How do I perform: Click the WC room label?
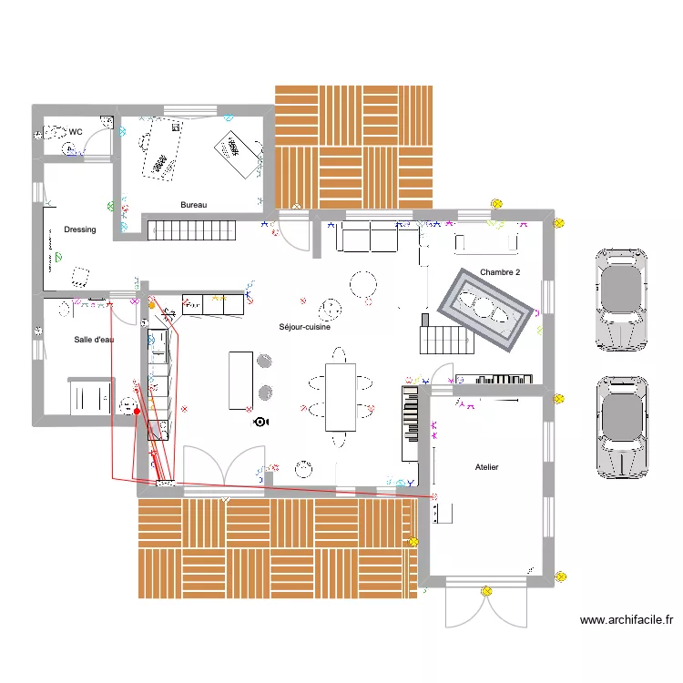click(76, 132)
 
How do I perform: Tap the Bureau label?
click(193, 205)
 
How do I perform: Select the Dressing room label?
click(80, 229)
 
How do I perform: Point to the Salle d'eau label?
click(94, 340)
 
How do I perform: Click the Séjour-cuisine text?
click(304, 327)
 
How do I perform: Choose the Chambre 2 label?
click(500, 272)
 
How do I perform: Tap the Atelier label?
click(486, 467)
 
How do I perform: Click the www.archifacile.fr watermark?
click(627, 620)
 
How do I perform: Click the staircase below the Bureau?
click(191, 229)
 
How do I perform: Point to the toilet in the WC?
click(56, 133)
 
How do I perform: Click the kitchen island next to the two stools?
click(241, 380)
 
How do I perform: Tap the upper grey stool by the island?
click(265, 362)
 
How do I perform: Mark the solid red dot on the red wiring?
click(137, 412)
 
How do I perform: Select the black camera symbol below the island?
click(261, 422)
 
